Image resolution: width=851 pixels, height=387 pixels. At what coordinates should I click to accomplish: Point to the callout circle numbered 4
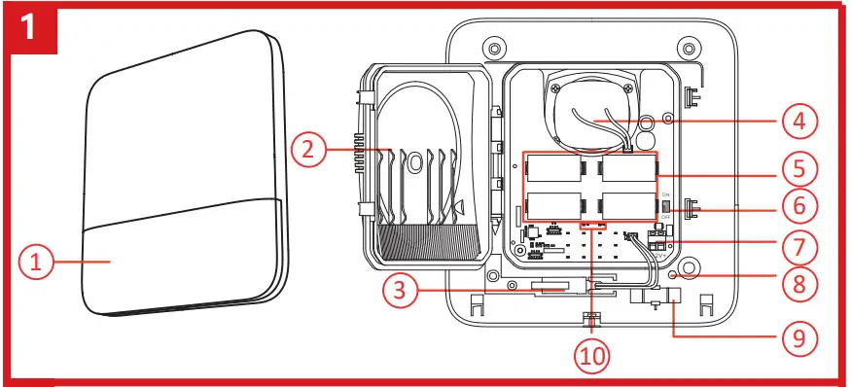[797, 122]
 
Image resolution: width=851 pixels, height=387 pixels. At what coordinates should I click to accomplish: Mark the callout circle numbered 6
[797, 207]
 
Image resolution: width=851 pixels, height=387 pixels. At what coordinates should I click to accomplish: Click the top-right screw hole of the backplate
[690, 46]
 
